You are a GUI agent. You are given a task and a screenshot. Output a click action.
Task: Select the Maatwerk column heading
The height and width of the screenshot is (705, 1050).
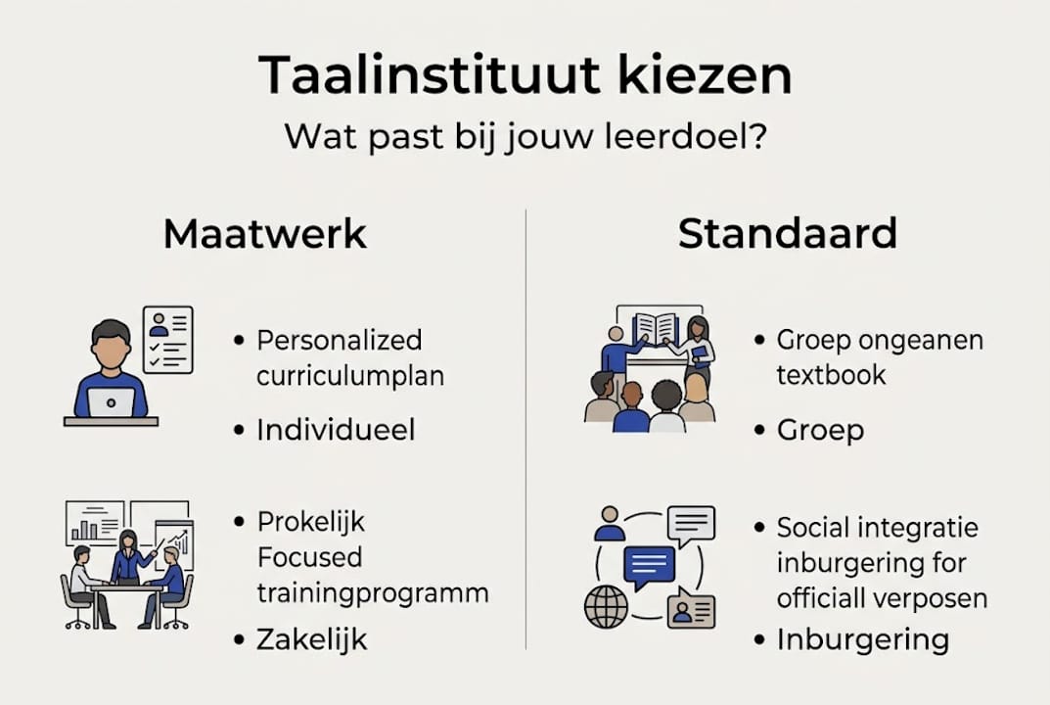tap(264, 235)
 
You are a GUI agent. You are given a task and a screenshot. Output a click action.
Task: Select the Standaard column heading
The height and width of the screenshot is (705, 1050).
tap(787, 235)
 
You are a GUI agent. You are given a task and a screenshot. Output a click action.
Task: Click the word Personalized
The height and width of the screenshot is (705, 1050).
tap(339, 341)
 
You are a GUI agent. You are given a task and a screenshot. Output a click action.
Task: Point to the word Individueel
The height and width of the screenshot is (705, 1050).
tap(336, 430)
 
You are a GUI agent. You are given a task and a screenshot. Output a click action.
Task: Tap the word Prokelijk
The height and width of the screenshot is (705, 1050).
tap(310, 521)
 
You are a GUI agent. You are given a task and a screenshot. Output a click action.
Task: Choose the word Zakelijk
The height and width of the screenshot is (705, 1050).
tap(311, 640)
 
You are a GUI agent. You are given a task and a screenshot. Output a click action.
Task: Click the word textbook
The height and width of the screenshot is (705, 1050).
tap(831, 375)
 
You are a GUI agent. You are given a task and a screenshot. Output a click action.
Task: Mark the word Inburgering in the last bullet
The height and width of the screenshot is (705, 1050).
tap(862, 640)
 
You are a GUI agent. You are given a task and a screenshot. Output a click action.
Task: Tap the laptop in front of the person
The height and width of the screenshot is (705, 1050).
tap(111, 402)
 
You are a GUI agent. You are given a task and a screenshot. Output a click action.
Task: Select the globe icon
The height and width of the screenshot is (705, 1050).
tap(606, 607)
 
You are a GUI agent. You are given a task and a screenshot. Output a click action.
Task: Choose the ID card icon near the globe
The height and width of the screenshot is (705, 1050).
tap(690, 610)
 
